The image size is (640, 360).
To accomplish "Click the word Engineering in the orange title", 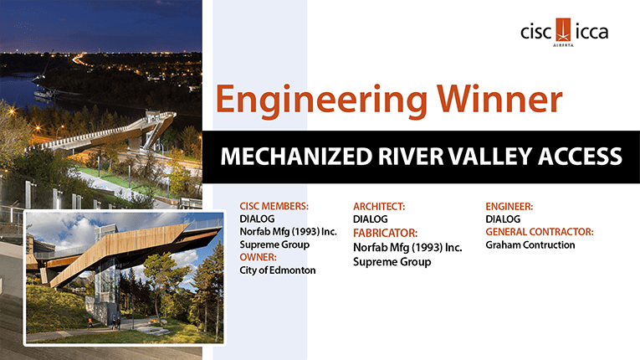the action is click(321, 100).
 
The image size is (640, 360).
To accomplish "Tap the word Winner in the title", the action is click(499, 99).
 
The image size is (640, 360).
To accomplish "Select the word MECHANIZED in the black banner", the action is click(296, 157).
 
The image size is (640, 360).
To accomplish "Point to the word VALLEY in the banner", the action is click(489, 157).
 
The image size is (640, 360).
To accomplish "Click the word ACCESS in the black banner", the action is click(580, 157).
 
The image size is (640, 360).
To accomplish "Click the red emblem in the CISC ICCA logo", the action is click(563, 30).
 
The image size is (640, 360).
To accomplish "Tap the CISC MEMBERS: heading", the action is click(274, 206).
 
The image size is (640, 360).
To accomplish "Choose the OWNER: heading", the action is click(258, 257).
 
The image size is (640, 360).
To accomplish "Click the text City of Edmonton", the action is click(278, 270).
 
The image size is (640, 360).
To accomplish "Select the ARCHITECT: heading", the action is click(379, 206).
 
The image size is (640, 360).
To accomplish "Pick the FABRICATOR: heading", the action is click(386, 233).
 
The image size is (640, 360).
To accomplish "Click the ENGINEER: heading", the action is click(509, 206).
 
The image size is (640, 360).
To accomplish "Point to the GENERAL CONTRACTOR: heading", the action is click(540, 232).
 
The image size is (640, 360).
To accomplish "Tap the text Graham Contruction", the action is click(530, 244).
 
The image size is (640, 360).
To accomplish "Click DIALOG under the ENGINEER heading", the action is click(503, 219).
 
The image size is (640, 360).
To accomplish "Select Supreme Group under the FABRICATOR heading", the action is click(392, 261).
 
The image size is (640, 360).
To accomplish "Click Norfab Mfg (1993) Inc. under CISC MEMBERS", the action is click(288, 232).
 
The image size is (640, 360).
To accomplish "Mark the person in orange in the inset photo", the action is click(90, 323).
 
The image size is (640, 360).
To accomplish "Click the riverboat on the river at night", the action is click(45, 94).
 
